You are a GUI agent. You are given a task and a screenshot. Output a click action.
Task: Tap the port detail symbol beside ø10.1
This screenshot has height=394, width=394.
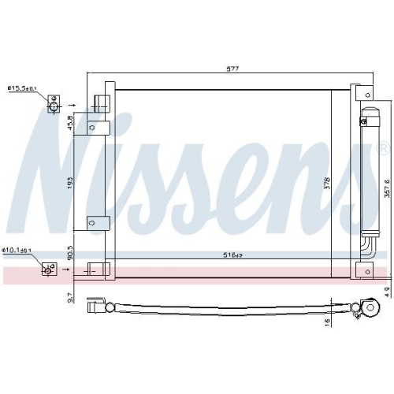[x=48, y=269]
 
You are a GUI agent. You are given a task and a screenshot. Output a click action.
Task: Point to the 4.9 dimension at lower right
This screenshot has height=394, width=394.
[x=385, y=293]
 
